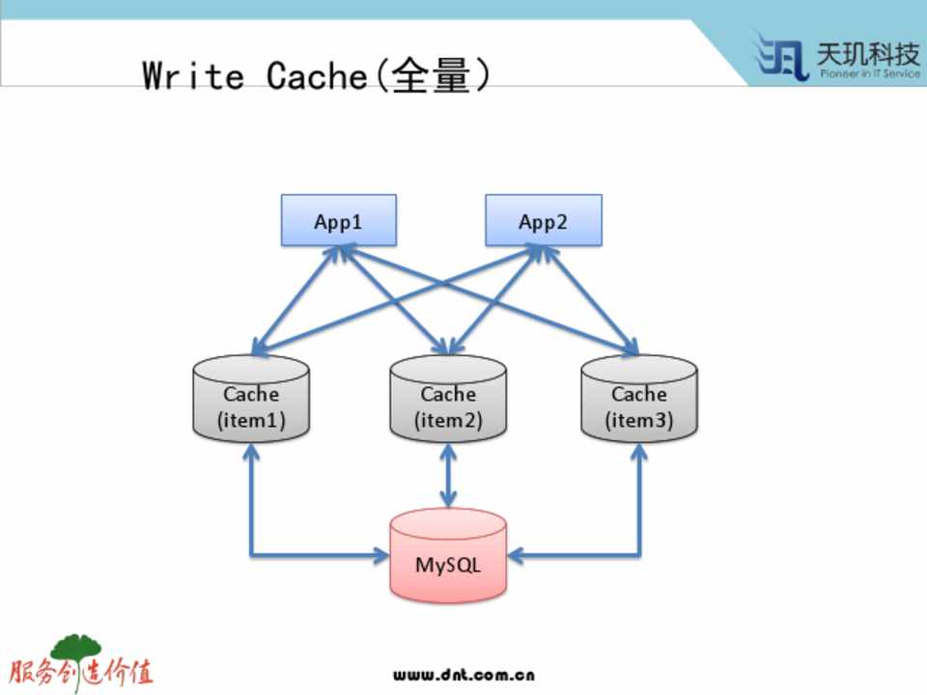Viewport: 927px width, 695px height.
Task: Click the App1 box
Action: click(338, 221)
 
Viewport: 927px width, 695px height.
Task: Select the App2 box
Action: click(543, 221)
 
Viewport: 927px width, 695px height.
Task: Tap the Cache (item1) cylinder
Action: click(251, 406)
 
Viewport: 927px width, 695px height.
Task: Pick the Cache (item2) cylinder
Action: click(448, 406)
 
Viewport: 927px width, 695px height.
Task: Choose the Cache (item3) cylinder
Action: click(638, 406)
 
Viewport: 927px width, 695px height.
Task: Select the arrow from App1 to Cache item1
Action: click(295, 300)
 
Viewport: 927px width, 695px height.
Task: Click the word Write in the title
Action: click(193, 75)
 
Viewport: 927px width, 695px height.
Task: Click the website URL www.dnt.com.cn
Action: click(463, 675)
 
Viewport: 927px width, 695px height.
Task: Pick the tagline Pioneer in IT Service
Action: click(869, 74)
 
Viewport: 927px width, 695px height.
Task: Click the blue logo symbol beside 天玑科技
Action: click(782, 56)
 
